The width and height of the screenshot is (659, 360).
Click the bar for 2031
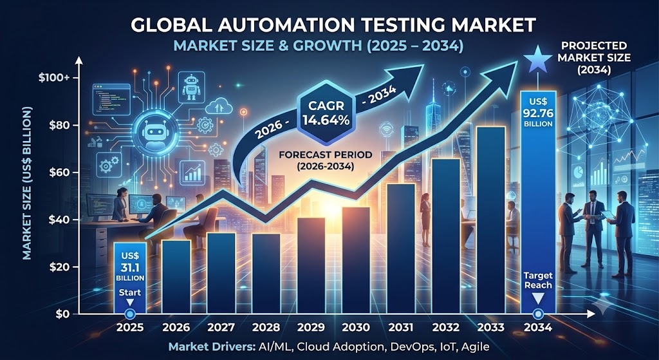(x=401, y=249)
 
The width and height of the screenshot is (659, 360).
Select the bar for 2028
(x=266, y=274)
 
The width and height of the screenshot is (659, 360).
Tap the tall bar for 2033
(x=490, y=220)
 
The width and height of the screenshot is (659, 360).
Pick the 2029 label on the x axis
(x=311, y=327)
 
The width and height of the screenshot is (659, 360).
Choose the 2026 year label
(x=176, y=327)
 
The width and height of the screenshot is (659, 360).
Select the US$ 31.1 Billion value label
(x=130, y=266)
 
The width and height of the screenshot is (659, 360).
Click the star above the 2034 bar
(x=538, y=60)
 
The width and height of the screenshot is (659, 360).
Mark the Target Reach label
(x=538, y=281)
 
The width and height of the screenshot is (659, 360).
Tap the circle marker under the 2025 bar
(x=130, y=314)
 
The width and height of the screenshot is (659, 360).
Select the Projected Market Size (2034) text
(x=594, y=57)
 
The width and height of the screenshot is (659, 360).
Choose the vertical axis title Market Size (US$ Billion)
(x=27, y=184)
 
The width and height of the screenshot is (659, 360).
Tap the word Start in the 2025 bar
(x=130, y=292)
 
